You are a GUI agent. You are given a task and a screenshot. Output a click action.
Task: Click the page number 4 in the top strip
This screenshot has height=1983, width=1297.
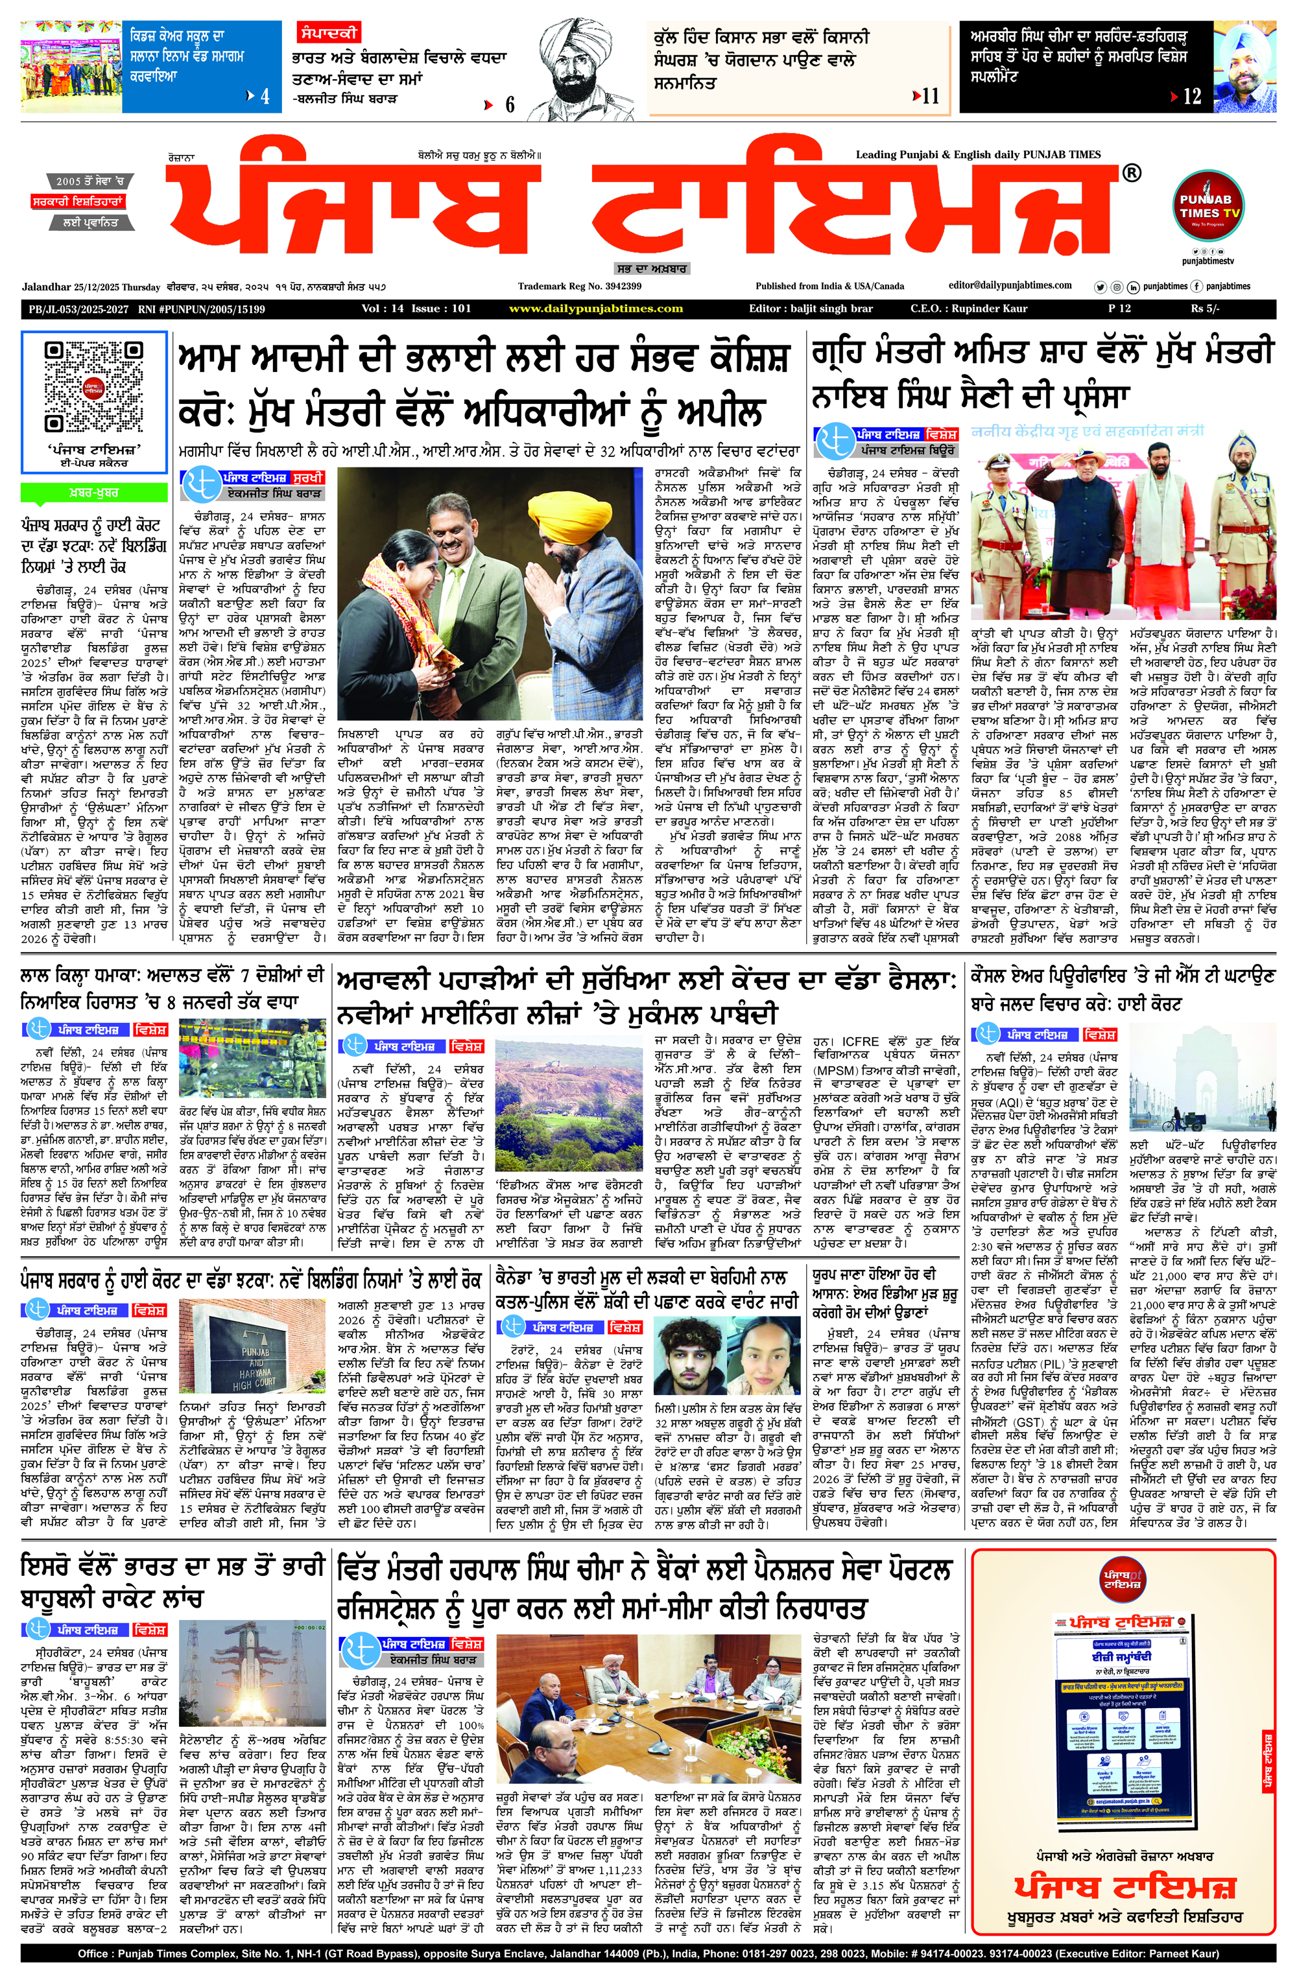click(264, 97)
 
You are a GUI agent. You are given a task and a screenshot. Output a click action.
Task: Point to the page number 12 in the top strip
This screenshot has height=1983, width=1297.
click(1192, 97)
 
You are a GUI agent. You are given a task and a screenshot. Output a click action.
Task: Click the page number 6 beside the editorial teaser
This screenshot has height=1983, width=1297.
click(509, 105)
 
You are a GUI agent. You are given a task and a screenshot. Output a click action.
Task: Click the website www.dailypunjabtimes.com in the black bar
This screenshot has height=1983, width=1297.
click(595, 309)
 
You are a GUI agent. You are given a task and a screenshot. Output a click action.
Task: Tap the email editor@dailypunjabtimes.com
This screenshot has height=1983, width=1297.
click(1010, 285)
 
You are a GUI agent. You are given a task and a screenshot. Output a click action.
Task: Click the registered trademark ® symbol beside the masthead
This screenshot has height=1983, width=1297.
click(1131, 172)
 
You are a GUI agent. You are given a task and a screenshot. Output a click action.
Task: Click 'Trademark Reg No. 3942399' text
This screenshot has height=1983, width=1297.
click(579, 287)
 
